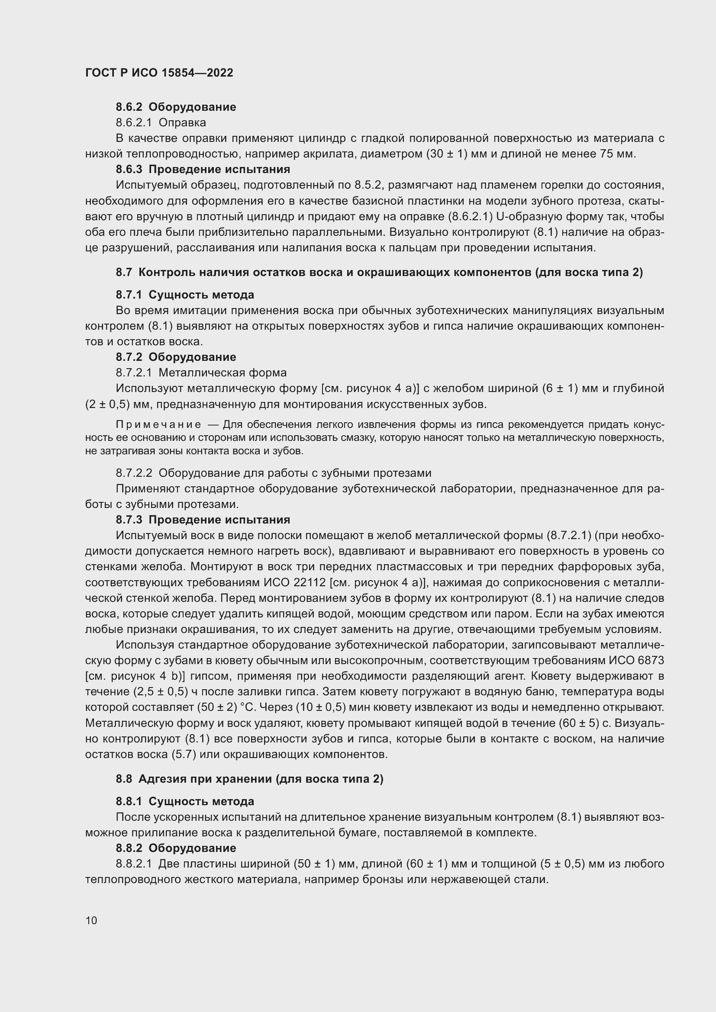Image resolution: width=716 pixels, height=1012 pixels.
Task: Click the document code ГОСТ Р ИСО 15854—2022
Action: [159, 73]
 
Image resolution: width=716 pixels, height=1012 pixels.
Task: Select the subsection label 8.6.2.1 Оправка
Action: [161, 122]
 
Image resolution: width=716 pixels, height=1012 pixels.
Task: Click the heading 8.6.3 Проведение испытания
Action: [203, 169]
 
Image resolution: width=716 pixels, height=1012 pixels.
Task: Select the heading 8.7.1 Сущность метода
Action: [185, 295]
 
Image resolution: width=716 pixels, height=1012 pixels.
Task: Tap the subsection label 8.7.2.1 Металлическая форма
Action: [201, 373]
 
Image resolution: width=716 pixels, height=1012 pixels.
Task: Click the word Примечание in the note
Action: [158, 424]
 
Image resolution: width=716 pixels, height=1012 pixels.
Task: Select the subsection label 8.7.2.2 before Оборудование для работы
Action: [134, 473]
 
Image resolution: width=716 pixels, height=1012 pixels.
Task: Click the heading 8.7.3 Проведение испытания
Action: [203, 520]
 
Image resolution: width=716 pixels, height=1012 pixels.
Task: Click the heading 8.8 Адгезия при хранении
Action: [249, 779]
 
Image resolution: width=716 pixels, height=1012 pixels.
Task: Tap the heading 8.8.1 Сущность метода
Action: [185, 801]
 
